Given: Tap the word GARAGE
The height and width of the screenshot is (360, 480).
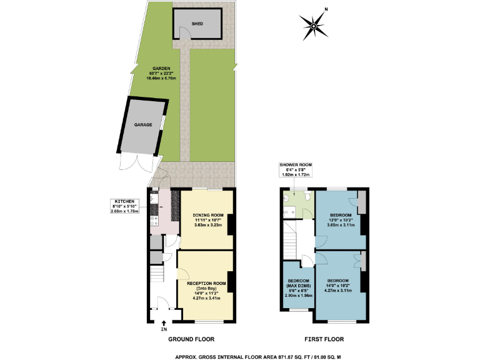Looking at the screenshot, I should click(x=143, y=124).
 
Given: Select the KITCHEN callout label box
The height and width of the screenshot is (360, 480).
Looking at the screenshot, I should click(x=123, y=206).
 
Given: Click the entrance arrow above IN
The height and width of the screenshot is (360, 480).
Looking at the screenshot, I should click(x=164, y=321).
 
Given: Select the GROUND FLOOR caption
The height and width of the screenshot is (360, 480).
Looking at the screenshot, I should click(x=191, y=339).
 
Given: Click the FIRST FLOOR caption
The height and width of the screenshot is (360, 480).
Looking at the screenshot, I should click(x=325, y=339).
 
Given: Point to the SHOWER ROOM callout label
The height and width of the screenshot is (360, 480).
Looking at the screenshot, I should click(x=296, y=169).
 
